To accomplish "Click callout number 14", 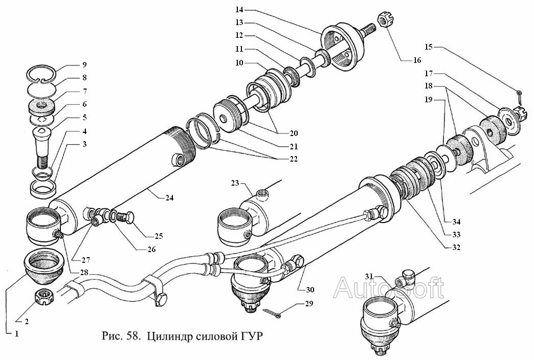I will (x=239, y=10).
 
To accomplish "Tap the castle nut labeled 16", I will (x=384, y=21).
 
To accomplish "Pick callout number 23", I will (x=234, y=183).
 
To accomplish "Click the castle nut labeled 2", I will (x=44, y=295).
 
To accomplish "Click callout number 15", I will (x=429, y=48).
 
